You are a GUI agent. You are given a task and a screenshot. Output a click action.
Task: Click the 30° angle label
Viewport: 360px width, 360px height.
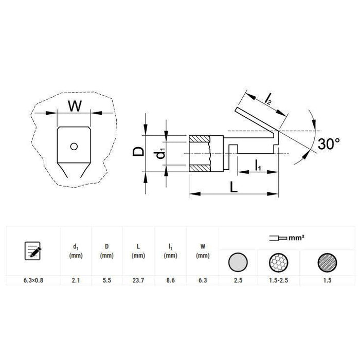tap(329, 144)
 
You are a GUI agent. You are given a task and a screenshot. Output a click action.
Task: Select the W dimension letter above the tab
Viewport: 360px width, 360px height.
tap(75, 106)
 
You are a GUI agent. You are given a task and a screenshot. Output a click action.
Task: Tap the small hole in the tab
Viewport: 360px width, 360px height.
tap(74, 147)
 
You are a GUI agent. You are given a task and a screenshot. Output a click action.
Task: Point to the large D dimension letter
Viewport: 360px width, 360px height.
tap(139, 152)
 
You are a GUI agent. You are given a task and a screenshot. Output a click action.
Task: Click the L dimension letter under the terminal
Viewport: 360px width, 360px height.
tap(233, 187)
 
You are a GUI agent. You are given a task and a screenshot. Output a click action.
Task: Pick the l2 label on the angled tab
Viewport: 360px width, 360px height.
tap(268, 99)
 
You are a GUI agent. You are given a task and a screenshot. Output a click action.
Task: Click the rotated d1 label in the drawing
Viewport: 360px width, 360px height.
tap(161, 153)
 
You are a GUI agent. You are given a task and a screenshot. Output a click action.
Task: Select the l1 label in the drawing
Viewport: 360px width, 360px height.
tap(258, 165)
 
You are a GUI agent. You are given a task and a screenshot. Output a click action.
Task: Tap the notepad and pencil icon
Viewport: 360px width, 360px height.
tap(33, 251)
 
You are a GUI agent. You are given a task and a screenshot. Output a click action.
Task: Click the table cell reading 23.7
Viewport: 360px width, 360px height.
tap(138, 280)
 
